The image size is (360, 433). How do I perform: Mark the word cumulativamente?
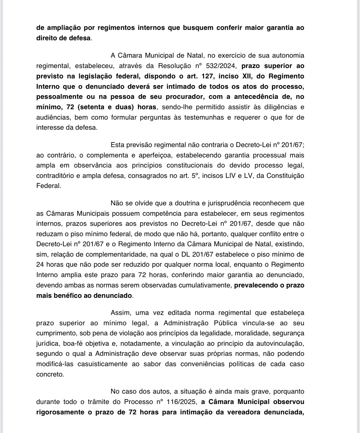tap(207, 285)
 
